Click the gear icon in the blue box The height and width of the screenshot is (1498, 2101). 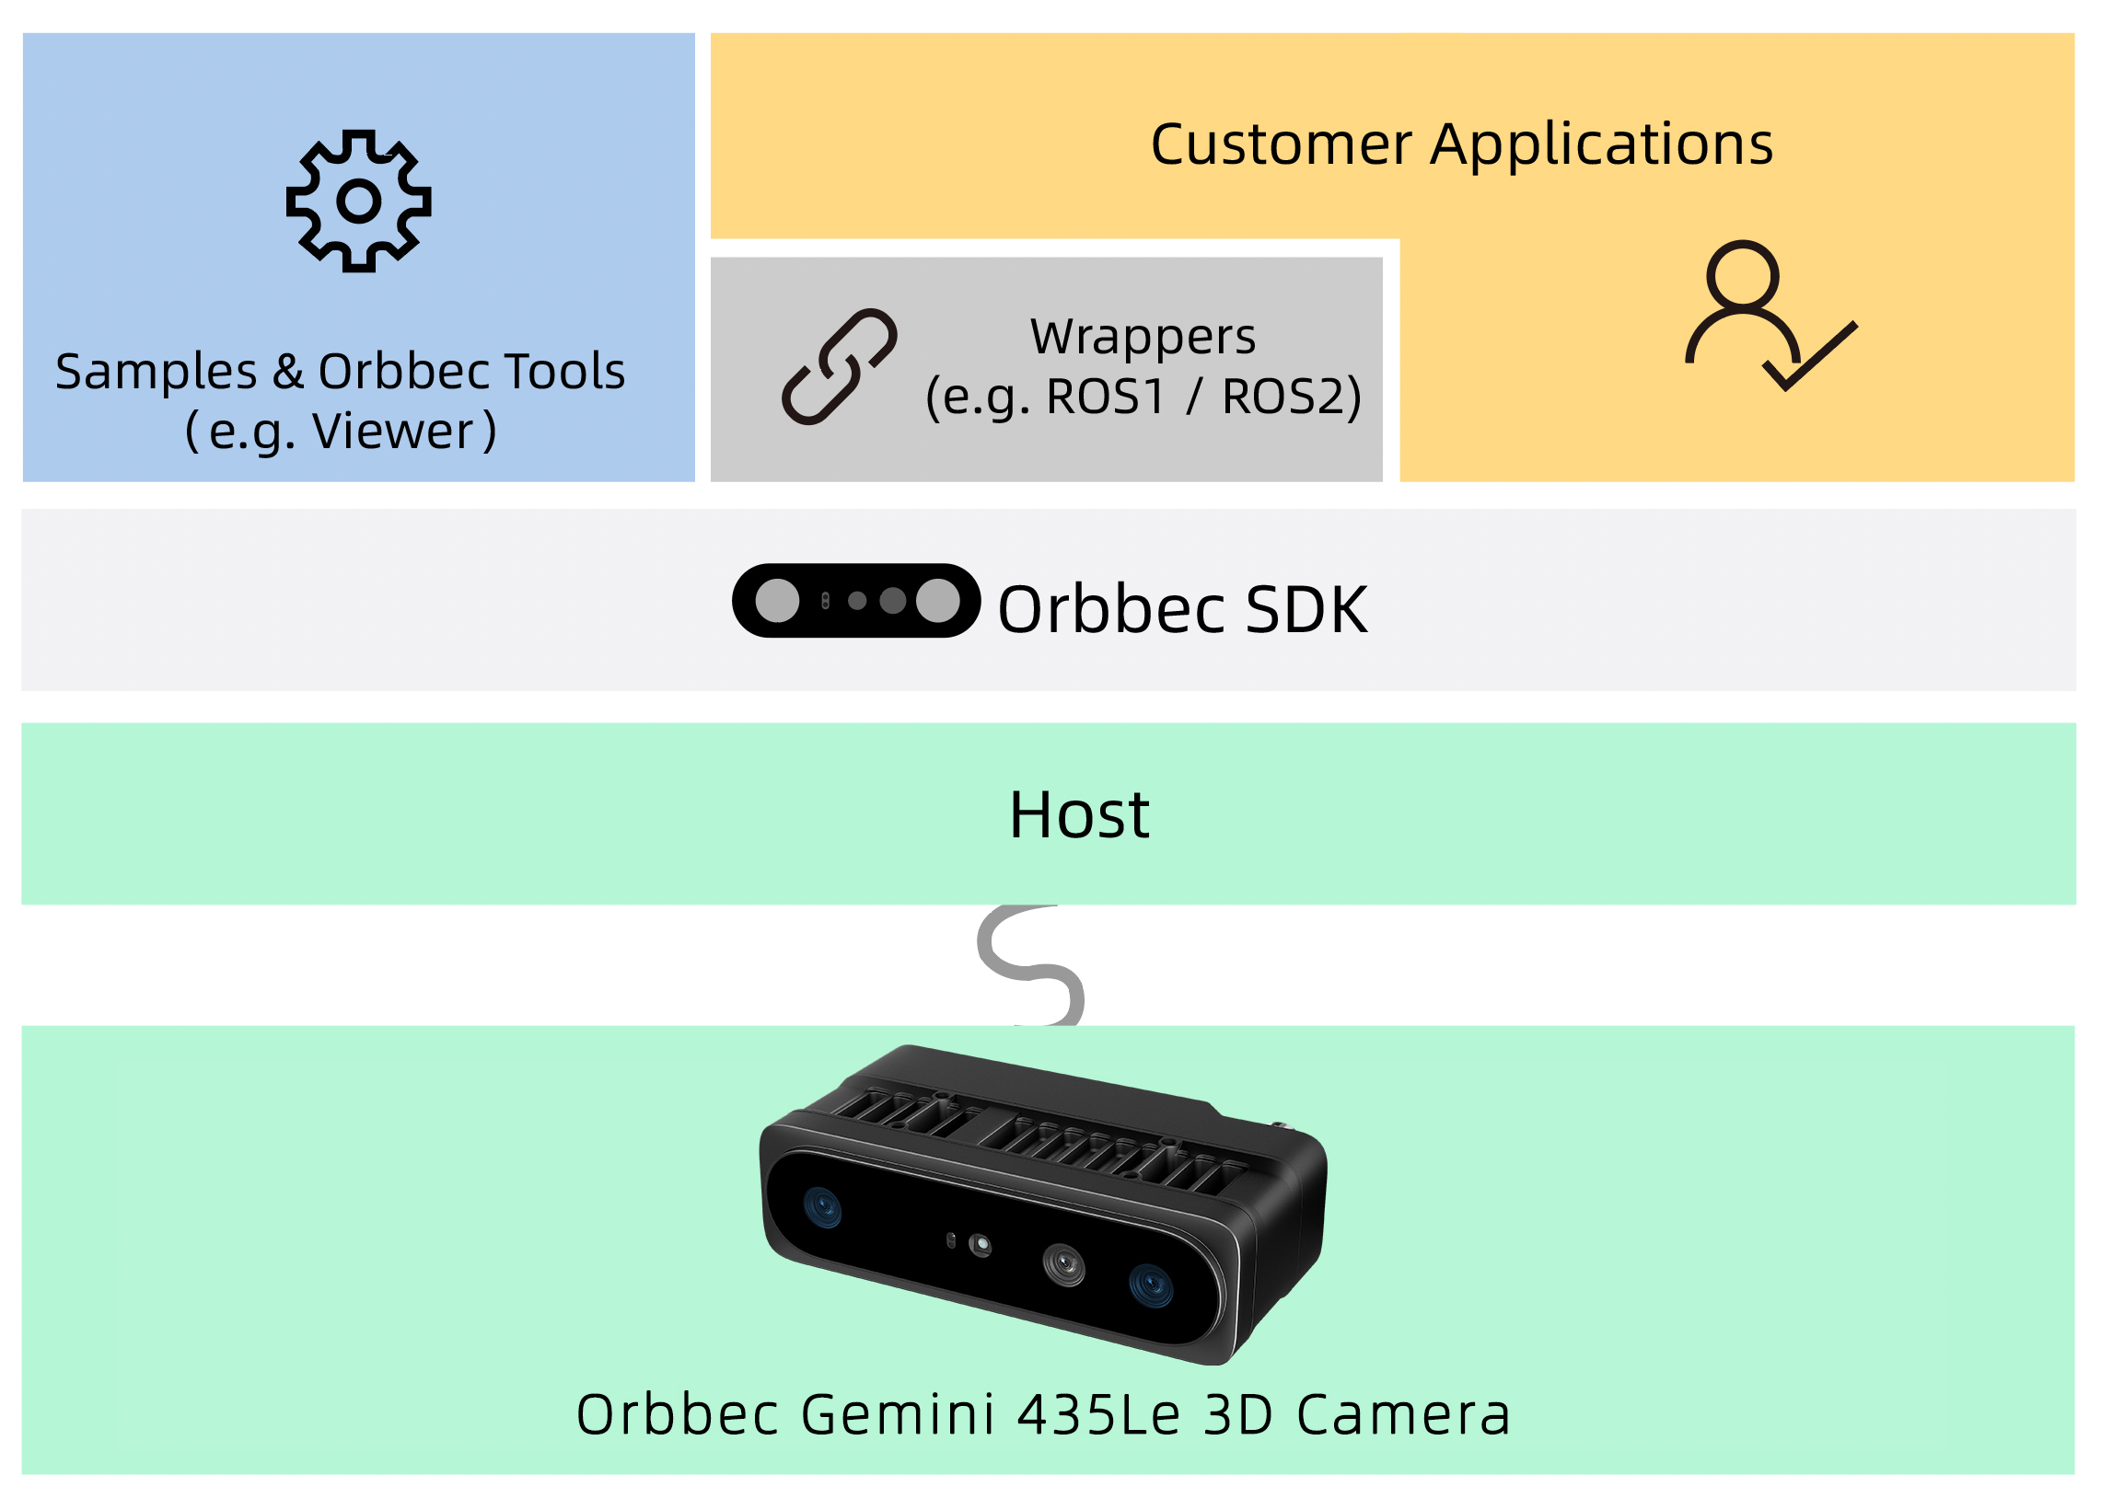358,202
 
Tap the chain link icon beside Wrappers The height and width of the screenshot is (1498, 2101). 839,367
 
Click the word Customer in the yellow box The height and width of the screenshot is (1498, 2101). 1281,144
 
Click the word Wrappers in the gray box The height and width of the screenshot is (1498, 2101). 1143,337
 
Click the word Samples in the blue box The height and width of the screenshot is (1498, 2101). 156,372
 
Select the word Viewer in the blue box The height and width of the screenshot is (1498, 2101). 393,432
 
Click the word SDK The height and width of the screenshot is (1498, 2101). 1306,610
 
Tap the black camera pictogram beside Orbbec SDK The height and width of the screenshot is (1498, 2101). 855,601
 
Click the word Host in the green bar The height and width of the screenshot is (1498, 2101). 1079,814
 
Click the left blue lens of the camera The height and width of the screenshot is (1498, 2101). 822,1206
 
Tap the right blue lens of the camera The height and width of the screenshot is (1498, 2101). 1151,1285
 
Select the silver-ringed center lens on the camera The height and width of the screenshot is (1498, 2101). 1064,1263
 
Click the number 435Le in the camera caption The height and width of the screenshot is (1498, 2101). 1099,1414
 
